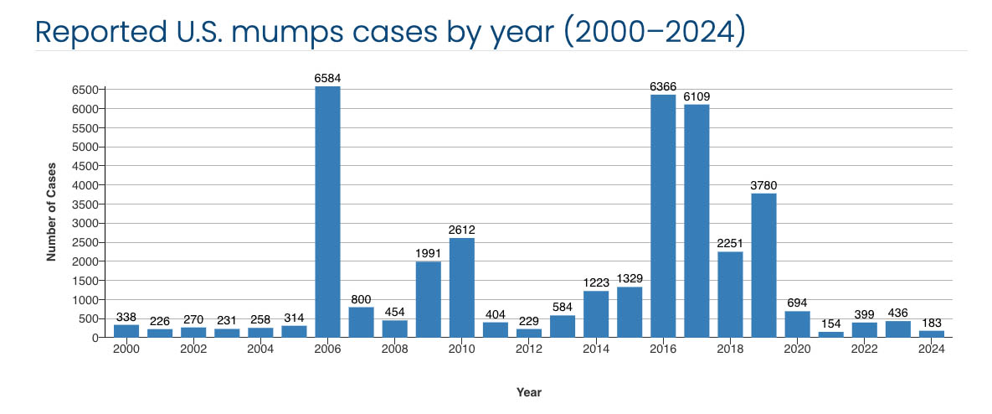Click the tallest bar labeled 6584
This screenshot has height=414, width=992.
click(x=327, y=211)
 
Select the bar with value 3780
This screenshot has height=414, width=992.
click(x=763, y=265)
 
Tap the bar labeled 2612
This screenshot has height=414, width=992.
click(x=462, y=287)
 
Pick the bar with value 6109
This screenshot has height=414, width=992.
click(x=696, y=221)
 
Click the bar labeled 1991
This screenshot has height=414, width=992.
click(x=429, y=299)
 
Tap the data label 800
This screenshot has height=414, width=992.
click(x=362, y=299)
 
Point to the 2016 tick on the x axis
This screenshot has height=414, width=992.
click(x=663, y=349)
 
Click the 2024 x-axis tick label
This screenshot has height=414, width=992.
click(x=931, y=349)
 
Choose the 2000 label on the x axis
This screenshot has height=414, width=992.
click(x=126, y=349)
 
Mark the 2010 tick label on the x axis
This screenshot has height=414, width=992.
click(x=462, y=349)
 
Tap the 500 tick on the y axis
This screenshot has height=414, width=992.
click(x=90, y=318)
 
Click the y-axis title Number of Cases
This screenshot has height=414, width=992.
click(x=51, y=212)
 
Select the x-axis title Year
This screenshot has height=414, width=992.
click(x=529, y=392)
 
